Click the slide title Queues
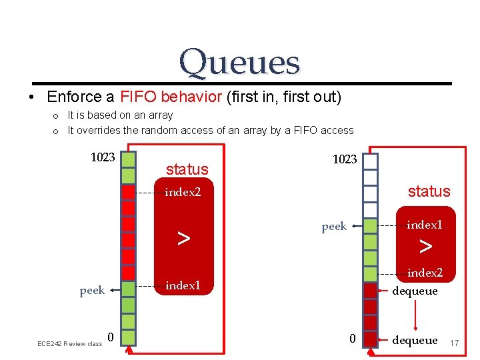pos(239,62)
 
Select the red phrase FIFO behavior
pos(171,97)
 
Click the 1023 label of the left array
pos(103,158)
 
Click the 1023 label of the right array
pos(345,159)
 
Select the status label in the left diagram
pos(187,169)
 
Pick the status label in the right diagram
pos(429,191)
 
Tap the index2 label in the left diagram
pos(183,193)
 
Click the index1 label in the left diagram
pos(183,285)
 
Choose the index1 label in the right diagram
pos(425,225)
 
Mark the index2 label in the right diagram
pos(425,273)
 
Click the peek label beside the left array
pos(91,290)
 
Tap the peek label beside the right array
pos(334,227)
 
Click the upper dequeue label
pos(415,291)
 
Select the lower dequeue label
pos(415,340)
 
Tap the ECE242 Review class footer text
pos(69,343)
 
